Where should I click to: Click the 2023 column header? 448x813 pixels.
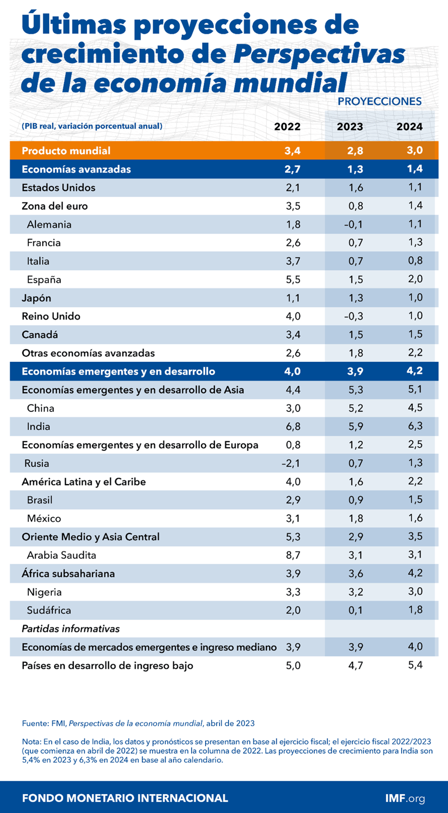click(x=350, y=126)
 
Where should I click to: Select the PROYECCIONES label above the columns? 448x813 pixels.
click(x=379, y=102)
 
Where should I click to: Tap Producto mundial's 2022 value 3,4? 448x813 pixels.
click(x=292, y=151)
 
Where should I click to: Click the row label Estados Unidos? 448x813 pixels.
click(x=58, y=188)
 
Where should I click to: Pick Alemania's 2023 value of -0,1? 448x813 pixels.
click(x=353, y=224)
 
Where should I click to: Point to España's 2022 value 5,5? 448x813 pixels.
click(x=293, y=280)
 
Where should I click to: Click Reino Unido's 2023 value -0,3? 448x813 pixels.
click(x=353, y=316)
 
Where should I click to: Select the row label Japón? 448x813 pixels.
click(x=36, y=298)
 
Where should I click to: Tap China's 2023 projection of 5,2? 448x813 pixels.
click(x=355, y=408)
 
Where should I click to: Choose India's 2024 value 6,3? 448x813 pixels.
click(x=415, y=426)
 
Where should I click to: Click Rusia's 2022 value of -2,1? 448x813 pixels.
click(x=291, y=464)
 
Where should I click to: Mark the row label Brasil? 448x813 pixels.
click(x=39, y=500)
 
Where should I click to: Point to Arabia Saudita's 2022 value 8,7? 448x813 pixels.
click(x=293, y=555)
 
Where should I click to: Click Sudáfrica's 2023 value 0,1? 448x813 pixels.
click(x=355, y=610)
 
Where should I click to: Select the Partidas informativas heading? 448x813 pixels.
click(x=70, y=629)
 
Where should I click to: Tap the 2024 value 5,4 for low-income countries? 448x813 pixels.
click(x=415, y=665)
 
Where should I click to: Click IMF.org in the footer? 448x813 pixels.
click(x=405, y=798)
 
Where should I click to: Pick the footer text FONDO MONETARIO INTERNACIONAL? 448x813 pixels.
click(x=125, y=798)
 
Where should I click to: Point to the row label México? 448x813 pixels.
click(x=44, y=518)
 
